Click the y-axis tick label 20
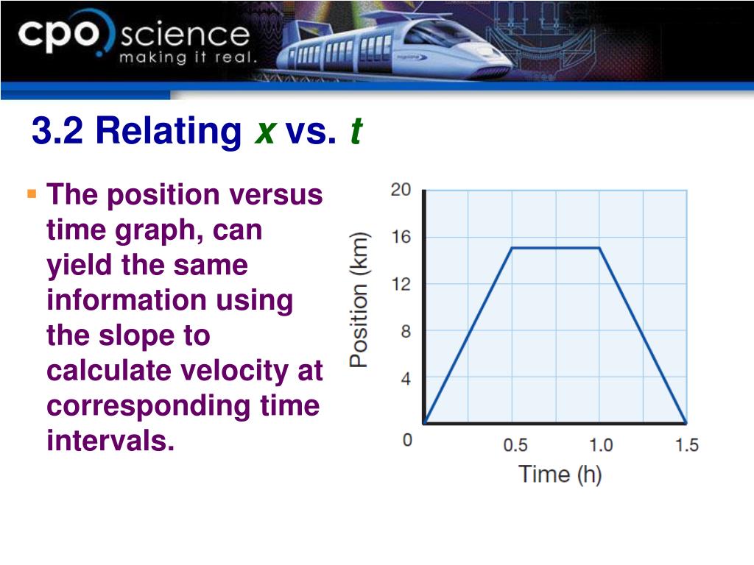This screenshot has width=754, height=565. pos(401,190)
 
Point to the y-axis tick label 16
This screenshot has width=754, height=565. pos(401,237)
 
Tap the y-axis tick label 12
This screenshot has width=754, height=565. pos(401,284)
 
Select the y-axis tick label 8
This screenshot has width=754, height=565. pos(406,332)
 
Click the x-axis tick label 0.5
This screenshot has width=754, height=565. pos(515,445)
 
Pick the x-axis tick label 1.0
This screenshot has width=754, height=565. pos(601,445)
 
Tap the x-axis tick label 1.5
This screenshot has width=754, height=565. pos(687,445)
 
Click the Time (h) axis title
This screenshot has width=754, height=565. pos(560,475)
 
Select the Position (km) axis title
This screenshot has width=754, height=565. pos(359,300)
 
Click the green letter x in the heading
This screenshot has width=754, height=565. pos(265,131)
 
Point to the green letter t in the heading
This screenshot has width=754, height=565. pos(356,130)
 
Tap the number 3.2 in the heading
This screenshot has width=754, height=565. pos(57,130)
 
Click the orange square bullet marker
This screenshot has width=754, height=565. pos(32,194)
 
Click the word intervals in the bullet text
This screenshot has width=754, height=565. pos(110,440)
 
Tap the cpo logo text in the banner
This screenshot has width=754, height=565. pos(59,34)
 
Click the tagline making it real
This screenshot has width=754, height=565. pos(188,57)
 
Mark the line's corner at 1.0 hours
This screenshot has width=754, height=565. pos(599,248)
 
